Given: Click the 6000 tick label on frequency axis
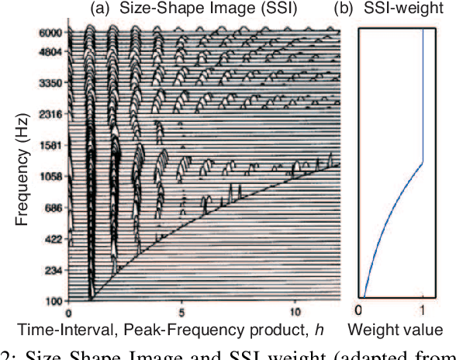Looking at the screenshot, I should tap(51, 33).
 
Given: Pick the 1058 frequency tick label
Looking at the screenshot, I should tap(51, 178).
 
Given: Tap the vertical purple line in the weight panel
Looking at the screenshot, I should tap(423, 93).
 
